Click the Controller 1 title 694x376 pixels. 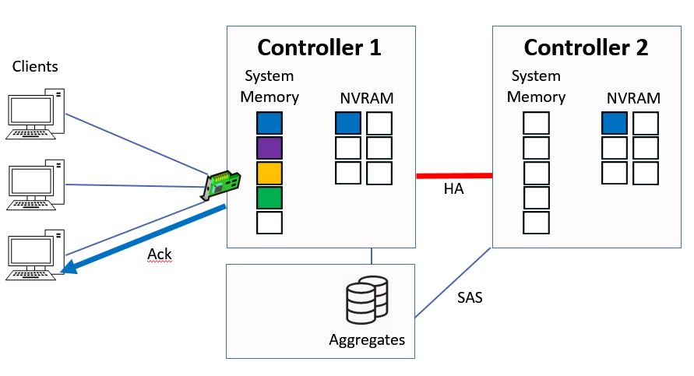(319, 47)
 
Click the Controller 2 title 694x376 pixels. (586, 47)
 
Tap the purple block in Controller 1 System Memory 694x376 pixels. (269, 148)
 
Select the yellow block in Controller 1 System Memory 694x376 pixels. (269, 173)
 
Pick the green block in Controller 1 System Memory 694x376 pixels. (269, 198)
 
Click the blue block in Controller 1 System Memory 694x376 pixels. (269, 124)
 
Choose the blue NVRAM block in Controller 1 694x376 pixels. (348, 124)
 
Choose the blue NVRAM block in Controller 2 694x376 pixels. (615, 124)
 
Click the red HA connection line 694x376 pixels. (454, 176)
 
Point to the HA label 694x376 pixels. (453, 189)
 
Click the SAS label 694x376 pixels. (469, 297)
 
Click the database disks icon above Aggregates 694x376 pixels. (366, 299)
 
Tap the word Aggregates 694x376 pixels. (367, 340)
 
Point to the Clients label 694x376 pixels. (35, 67)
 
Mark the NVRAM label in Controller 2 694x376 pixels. (633, 99)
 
